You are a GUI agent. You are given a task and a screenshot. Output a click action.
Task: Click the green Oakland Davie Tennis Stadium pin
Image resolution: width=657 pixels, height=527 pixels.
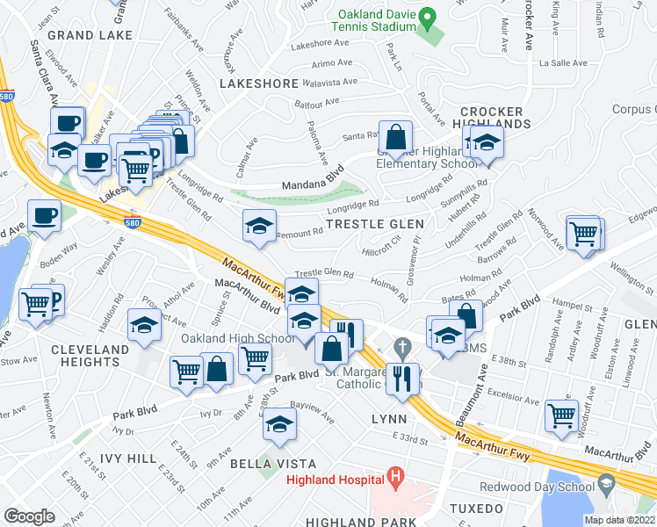[x=428, y=17]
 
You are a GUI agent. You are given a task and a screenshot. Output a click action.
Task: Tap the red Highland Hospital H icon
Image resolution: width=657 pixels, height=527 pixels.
[x=395, y=479]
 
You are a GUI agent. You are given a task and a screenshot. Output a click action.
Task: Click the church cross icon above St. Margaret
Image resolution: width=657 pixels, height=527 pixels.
[x=402, y=347]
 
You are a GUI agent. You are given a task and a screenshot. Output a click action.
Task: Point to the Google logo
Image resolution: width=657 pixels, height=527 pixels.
[x=29, y=516]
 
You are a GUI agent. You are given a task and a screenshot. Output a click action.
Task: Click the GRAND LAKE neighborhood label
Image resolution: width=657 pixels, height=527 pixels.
[x=90, y=35]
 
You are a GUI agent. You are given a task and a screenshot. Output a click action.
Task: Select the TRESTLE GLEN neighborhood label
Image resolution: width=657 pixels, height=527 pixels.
[x=370, y=225]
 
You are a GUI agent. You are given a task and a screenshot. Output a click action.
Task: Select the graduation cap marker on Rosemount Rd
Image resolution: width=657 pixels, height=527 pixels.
[x=259, y=227]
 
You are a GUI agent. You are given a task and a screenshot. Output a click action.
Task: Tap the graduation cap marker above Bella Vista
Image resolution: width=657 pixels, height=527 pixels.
[x=279, y=425]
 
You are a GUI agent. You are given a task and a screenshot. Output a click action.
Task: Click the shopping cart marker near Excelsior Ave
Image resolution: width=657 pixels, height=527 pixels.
[x=561, y=415]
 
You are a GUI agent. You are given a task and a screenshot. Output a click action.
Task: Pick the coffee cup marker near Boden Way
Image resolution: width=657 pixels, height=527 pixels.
[x=44, y=215]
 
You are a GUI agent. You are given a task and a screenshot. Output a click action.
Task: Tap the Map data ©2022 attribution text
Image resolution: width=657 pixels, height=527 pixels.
[x=619, y=520]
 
